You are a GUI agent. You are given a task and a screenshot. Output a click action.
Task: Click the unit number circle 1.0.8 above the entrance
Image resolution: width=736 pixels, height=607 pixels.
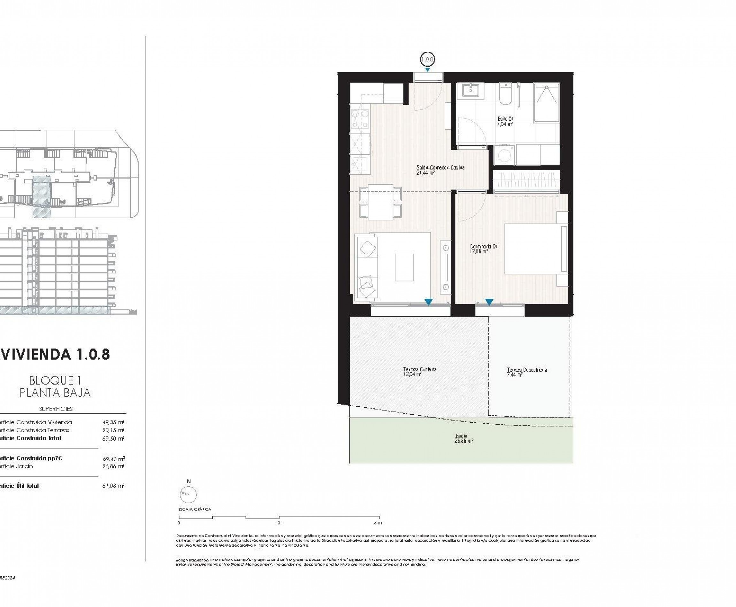coord(427,59)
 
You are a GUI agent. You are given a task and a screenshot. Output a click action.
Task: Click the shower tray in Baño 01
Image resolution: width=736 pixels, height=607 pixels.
coord(546,103)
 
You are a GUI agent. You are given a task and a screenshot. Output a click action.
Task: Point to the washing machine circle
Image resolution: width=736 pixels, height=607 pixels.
coord(504,155)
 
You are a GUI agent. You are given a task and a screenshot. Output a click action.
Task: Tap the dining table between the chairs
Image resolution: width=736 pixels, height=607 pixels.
coord(380,202)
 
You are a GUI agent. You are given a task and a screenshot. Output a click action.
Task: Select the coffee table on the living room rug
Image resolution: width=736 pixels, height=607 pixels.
coord(404,267)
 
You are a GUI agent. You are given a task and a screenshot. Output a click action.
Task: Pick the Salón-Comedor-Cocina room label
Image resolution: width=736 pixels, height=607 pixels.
coord(440,168)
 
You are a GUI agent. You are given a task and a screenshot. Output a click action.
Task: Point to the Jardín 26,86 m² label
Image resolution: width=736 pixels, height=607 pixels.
coord(464,438)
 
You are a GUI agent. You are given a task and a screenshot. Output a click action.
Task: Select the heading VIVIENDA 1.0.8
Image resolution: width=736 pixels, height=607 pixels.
coord(55,355)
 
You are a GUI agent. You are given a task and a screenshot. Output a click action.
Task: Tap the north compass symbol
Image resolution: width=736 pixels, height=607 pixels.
coord(188,495)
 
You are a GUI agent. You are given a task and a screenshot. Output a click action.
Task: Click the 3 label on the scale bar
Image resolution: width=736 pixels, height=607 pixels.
coord(279,523)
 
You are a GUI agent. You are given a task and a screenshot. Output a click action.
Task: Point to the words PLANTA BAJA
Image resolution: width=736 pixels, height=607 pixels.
coord(55,393)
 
